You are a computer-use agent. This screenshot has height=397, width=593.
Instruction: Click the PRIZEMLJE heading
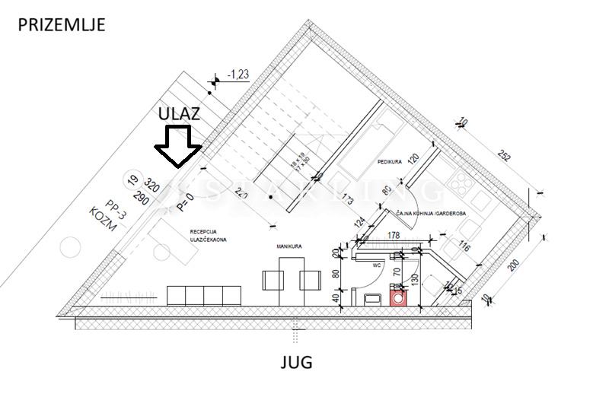pos(61,24)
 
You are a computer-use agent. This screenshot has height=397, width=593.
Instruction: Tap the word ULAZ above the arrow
pos(179,113)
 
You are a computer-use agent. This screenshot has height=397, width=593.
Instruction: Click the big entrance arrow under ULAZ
pos(177,147)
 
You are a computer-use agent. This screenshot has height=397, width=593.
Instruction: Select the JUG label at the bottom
pos(295,362)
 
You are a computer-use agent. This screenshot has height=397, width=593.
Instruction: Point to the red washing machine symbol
pos(398,297)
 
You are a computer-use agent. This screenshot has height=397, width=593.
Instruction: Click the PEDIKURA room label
pos(389,163)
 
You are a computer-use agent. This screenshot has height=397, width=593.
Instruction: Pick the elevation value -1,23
pos(242,74)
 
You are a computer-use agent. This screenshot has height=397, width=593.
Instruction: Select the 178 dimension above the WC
pos(394,237)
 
